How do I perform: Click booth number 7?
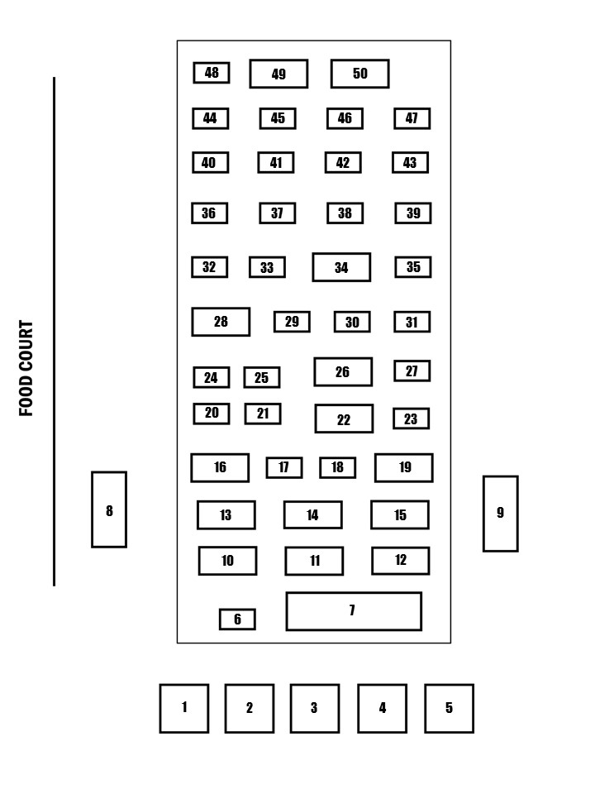pyautogui.click(x=354, y=611)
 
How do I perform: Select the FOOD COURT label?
pyautogui.click(x=26, y=368)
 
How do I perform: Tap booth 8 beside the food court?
pyautogui.click(x=109, y=509)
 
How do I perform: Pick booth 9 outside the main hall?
pyautogui.click(x=501, y=514)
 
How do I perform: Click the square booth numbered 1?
pyautogui.click(x=184, y=709)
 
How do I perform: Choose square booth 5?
pyautogui.click(x=450, y=709)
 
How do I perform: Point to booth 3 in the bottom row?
pyautogui.click(x=315, y=709)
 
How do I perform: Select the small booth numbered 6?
pyautogui.click(x=237, y=619)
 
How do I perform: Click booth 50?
pyautogui.click(x=359, y=74)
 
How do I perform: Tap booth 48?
pyautogui.click(x=212, y=73)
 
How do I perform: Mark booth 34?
pyautogui.click(x=341, y=267)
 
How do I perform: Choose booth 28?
pyautogui.click(x=221, y=322)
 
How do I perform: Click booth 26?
pyautogui.click(x=343, y=372)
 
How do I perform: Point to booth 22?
pyautogui.click(x=344, y=419)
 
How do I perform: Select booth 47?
pyautogui.click(x=412, y=118)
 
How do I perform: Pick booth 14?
pyautogui.click(x=312, y=515)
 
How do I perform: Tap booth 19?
pyautogui.click(x=404, y=468)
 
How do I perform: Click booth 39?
pyautogui.click(x=413, y=213)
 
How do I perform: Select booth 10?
pyautogui.click(x=228, y=561)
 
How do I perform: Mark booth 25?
pyautogui.click(x=262, y=378)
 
